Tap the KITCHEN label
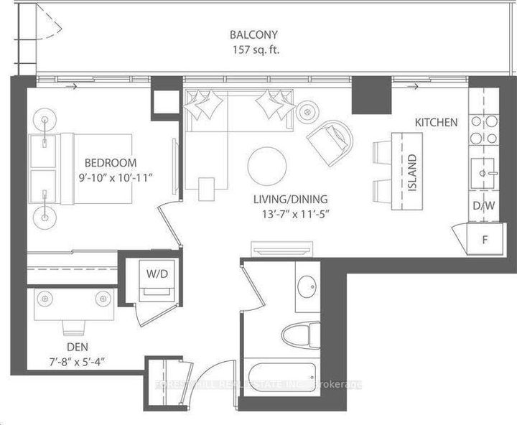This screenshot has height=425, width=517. pos(435,123)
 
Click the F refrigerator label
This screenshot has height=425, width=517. pos(485,239)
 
